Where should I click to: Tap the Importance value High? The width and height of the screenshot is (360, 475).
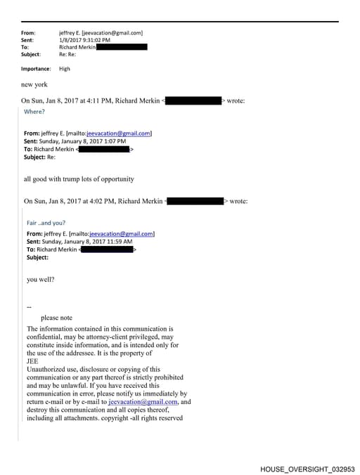(x=65, y=69)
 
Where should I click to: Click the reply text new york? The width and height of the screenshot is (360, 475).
(x=35, y=84)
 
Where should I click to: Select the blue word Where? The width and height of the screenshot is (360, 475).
(x=34, y=112)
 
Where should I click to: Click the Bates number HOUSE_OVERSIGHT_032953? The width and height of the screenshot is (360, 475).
(x=307, y=468)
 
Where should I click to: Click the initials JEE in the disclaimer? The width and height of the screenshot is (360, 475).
(x=32, y=361)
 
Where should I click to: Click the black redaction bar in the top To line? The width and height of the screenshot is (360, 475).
(x=122, y=47)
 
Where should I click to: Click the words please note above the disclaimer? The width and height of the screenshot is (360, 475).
(x=56, y=318)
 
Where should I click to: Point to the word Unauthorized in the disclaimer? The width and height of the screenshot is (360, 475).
(x=49, y=370)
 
